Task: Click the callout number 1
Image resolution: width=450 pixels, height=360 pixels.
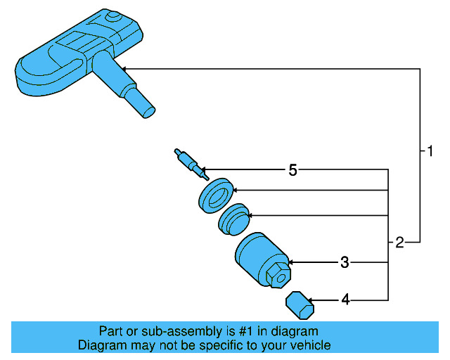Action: pyautogui.click(x=430, y=150)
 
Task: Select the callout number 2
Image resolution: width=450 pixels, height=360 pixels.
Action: pyautogui.click(x=399, y=243)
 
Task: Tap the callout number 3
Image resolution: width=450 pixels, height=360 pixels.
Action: pyautogui.click(x=345, y=262)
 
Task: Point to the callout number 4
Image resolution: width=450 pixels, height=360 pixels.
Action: pyautogui.click(x=345, y=300)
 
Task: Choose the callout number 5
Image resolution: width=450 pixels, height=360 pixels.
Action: pyautogui.click(x=293, y=169)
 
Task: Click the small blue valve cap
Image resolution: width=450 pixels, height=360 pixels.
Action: pyautogui.click(x=297, y=305)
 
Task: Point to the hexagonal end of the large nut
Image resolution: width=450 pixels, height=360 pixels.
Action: pyautogui.click(x=278, y=274)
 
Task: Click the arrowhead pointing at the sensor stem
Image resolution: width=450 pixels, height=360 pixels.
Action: pyautogui.click(x=125, y=68)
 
